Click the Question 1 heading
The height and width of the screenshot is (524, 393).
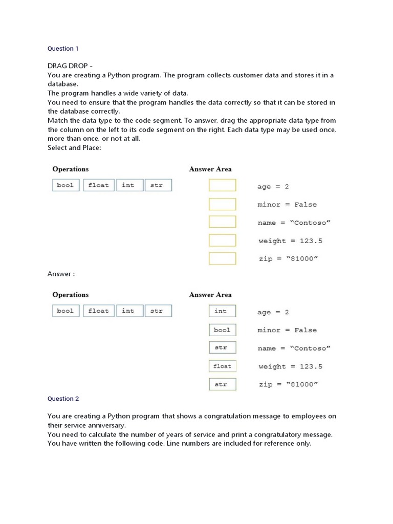pyautogui.click(x=63, y=49)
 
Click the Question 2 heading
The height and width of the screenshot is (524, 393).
pyautogui.click(x=63, y=399)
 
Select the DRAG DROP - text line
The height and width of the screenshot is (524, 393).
pyautogui.click(x=70, y=65)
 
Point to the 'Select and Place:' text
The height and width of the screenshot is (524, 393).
pyautogui.click(x=74, y=147)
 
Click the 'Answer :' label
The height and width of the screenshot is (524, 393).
pyautogui.click(x=61, y=274)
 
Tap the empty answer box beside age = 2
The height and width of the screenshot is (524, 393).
pyautogui.click(x=222, y=185)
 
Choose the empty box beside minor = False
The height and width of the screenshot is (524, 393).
pyautogui.click(x=222, y=204)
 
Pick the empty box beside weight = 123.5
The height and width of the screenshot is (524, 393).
pyautogui.click(x=222, y=241)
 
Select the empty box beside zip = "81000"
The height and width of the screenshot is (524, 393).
pyautogui.click(x=222, y=258)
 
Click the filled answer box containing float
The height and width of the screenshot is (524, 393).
pyautogui.click(x=222, y=366)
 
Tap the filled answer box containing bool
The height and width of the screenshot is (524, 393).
pyautogui.click(x=222, y=330)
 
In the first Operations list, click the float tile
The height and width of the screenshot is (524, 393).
pyautogui.click(x=98, y=185)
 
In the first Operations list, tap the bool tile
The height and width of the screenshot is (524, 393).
pyautogui.click(x=65, y=185)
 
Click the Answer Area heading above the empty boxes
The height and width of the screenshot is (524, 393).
pyautogui.click(x=210, y=169)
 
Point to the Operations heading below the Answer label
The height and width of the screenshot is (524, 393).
pyautogui.click(x=71, y=295)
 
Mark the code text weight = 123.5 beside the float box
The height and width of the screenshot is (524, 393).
pyautogui.click(x=290, y=366)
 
